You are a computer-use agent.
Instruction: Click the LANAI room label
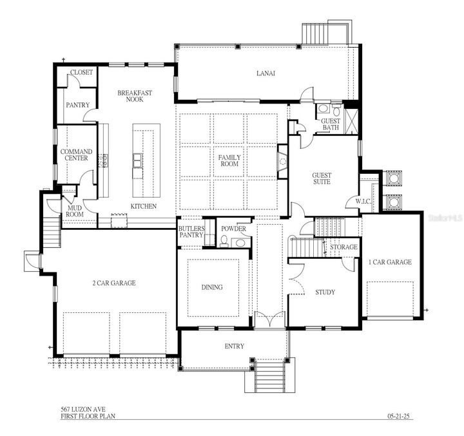[x=266, y=73]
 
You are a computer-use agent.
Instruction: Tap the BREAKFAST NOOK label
[x=135, y=97]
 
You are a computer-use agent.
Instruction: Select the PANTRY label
[x=77, y=105]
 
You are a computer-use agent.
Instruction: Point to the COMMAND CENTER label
[x=77, y=155]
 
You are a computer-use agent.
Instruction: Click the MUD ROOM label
[x=75, y=211]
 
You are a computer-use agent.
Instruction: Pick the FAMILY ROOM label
[x=229, y=160]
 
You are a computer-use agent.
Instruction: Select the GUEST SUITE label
[x=322, y=178]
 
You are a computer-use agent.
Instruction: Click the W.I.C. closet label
[x=364, y=202]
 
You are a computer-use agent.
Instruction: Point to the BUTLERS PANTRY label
[x=191, y=232]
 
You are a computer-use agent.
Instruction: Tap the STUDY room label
[x=325, y=292]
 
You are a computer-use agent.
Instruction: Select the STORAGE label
[x=343, y=247]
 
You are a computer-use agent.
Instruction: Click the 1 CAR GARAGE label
[x=389, y=262]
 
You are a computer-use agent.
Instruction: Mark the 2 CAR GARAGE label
[x=113, y=282]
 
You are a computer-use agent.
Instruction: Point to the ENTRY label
[x=234, y=346]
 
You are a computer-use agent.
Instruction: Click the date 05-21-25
[x=399, y=416]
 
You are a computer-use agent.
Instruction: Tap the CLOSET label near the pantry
[x=81, y=72]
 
